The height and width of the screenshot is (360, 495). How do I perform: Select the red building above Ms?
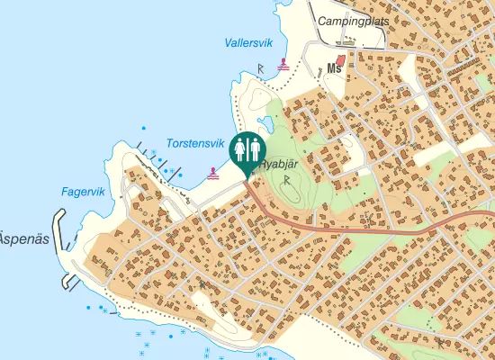click(340, 57)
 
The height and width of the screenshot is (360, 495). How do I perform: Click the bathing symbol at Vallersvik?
click(284, 65)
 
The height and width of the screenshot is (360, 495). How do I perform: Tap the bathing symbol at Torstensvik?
click(212, 171)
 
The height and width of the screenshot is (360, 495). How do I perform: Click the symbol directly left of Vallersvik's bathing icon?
click(261, 67)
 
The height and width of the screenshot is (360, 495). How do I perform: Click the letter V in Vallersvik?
click(229, 42)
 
